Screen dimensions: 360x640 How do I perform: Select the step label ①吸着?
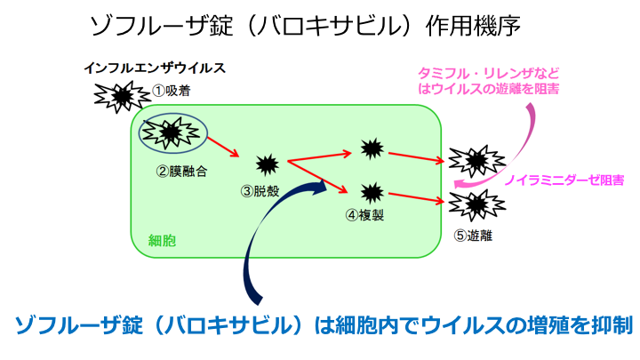pos(172,90)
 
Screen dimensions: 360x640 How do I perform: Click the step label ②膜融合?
pos(181,171)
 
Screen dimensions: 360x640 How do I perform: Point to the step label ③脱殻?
pos(265,190)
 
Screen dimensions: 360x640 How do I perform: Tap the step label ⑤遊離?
pos(472,236)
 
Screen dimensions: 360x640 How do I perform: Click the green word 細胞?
pos(161,239)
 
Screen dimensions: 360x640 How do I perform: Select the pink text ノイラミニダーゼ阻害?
pos(564,180)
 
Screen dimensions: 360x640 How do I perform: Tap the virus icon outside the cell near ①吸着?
pos(121,94)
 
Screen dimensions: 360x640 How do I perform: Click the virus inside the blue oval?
pos(172,132)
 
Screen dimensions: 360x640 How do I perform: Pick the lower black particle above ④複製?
pos(371,190)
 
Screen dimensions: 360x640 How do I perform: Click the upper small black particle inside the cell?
pos(371,147)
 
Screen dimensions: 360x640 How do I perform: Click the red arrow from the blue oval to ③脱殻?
pos(228,146)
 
